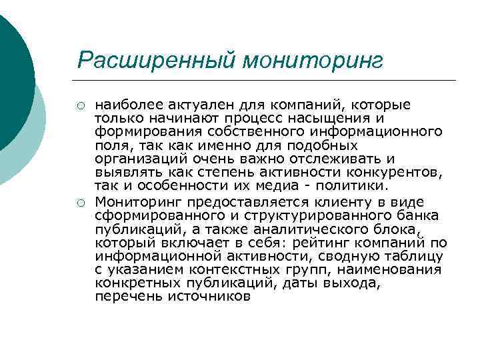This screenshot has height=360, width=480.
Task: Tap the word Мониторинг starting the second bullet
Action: (139, 202)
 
